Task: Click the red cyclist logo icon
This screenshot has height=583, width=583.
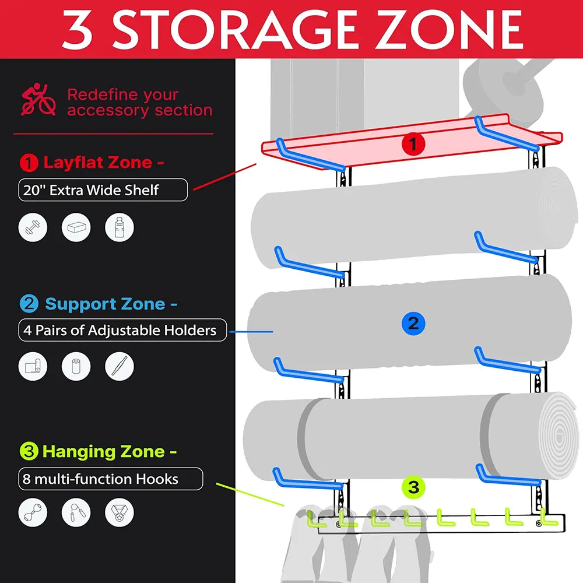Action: (x=38, y=99)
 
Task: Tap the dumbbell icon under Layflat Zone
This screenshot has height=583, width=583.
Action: (x=33, y=227)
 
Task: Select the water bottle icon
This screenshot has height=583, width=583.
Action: (x=120, y=227)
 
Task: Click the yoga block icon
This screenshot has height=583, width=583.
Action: (x=76, y=227)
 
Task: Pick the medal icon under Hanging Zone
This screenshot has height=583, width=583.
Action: (x=120, y=512)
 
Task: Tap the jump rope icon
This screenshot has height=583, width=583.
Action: (x=76, y=512)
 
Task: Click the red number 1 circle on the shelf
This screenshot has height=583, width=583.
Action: (x=413, y=143)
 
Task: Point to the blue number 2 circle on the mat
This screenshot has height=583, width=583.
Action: (x=413, y=323)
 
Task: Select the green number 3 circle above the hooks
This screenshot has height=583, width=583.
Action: (x=413, y=487)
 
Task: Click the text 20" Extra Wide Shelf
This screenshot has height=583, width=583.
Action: (x=91, y=190)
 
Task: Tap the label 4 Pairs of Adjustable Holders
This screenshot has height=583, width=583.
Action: (x=120, y=330)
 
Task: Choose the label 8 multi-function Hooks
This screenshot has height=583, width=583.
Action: (x=100, y=479)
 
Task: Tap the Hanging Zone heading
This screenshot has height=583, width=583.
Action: (x=110, y=451)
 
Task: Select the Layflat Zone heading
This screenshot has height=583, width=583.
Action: (x=104, y=163)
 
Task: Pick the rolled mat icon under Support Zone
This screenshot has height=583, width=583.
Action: (x=33, y=366)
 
